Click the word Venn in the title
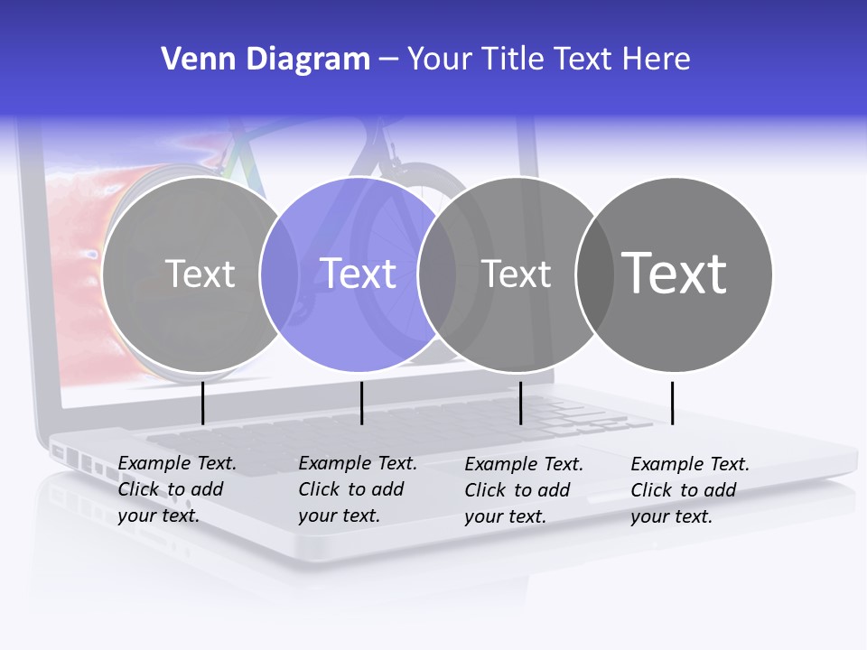(193, 60)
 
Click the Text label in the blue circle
(359, 274)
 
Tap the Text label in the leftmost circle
(200, 274)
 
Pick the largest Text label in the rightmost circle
(675, 274)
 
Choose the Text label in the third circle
(516, 274)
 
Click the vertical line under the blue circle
(361, 403)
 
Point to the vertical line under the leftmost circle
(203, 403)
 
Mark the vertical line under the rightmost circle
(672, 403)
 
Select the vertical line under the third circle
(520, 403)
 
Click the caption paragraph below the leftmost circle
(176, 489)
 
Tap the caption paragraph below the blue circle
(357, 489)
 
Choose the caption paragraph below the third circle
(523, 490)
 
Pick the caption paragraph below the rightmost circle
(689, 490)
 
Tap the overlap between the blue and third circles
(436, 274)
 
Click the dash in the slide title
(388, 60)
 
